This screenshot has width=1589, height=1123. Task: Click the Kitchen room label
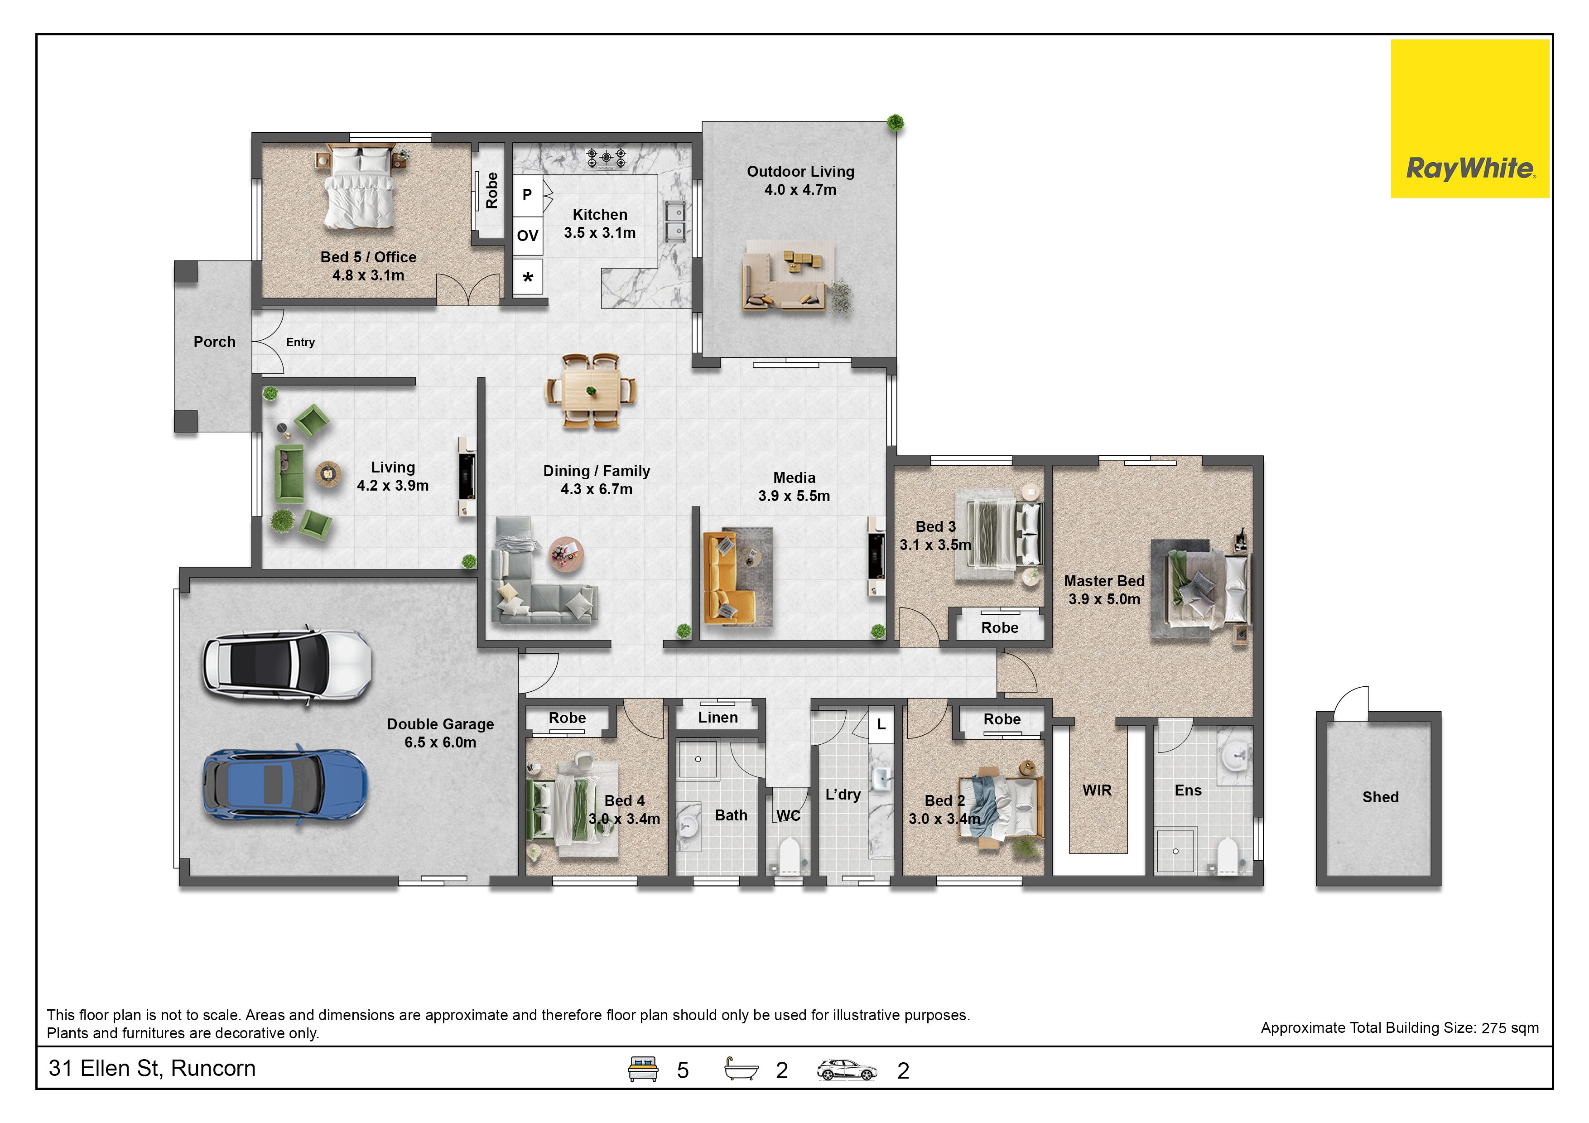(599, 223)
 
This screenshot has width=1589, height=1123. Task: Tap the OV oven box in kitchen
(527, 236)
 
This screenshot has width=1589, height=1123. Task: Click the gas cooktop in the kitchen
(606, 159)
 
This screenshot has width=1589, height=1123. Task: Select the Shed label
(1380, 797)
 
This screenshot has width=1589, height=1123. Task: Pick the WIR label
(1097, 790)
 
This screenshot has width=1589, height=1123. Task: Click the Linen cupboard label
(717, 718)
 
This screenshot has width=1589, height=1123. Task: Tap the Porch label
(215, 342)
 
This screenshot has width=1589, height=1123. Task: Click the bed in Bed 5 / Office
(360, 187)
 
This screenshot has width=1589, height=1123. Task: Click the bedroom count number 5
(682, 1070)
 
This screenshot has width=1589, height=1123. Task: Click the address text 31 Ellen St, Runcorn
(152, 1068)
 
